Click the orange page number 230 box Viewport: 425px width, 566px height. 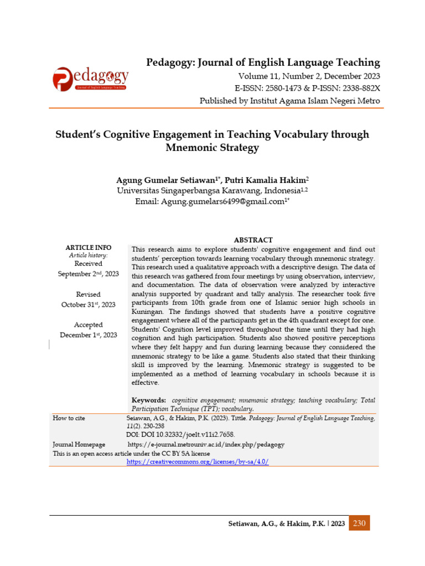point(359,523)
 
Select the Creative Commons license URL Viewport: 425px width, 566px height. point(198,462)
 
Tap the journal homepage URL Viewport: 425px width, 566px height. point(206,444)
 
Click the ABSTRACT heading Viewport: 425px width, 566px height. point(253,240)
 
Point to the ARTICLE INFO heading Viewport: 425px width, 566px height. point(89,248)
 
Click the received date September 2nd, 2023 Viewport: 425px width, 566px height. point(89,274)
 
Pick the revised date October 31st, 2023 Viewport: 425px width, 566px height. point(89,305)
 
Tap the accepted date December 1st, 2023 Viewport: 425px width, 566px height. point(89,335)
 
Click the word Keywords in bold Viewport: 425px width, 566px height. point(148,400)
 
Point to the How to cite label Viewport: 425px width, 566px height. point(69,418)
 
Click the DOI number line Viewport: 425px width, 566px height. point(173,435)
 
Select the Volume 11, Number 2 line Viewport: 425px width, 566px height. point(309,76)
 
